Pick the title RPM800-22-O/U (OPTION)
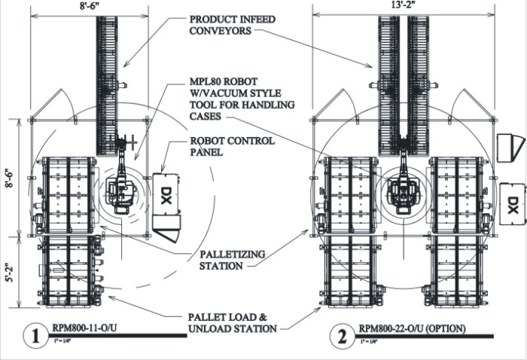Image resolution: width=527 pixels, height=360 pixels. click(411, 328)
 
